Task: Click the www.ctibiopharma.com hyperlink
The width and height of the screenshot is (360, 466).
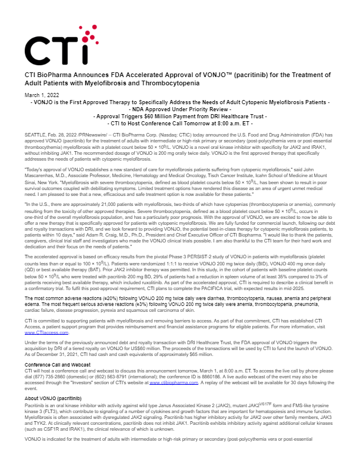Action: click(174, 365)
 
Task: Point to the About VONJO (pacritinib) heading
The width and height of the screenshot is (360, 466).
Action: click(53, 382)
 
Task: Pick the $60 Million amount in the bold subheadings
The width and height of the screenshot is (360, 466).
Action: click(162, 116)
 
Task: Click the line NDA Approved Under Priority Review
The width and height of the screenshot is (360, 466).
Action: click(179, 109)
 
